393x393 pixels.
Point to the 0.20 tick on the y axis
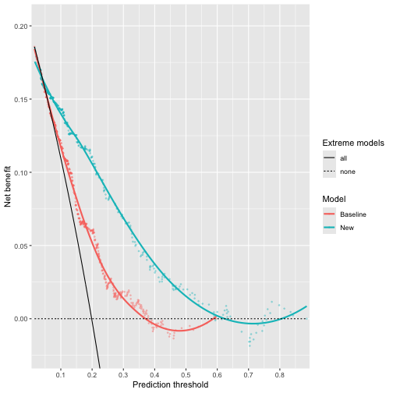pyautogui.click(x=19, y=27)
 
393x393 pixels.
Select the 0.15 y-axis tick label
pyautogui.click(x=19, y=100)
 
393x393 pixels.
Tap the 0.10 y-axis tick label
pyautogui.click(x=19, y=172)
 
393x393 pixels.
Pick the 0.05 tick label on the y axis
pyautogui.click(x=19, y=246)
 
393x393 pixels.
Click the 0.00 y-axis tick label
pyautogui.click(x=19, y=319)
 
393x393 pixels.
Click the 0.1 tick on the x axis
pyautogui.click(x=61, y=375)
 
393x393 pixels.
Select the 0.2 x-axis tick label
pyautogui.click(x=123, y=375)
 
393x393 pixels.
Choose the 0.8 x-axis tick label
pyautogui.click(x=279, y=375)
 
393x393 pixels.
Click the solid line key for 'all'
pyautogui.click(x=329, y=158)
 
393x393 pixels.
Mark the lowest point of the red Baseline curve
pyautogui.click(x=180, y=331)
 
